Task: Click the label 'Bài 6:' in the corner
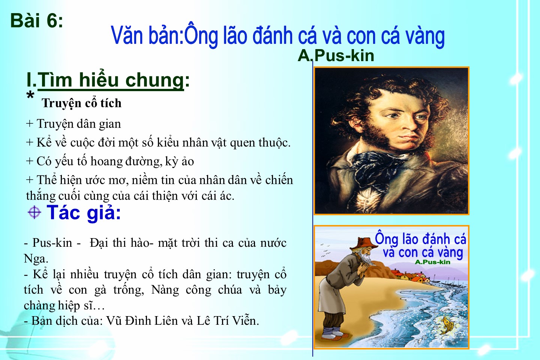point(37,21)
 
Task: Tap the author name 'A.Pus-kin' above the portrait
point(336,56)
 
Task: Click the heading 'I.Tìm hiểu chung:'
point(108,80)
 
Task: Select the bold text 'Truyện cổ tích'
point(81,103)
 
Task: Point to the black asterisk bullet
point(30,95)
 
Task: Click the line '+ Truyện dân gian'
point(73,124)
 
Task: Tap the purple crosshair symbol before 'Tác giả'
point(34,212)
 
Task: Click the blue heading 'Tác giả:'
point(84,213)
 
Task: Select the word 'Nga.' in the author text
point(36,259)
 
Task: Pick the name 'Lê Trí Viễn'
point(228,321)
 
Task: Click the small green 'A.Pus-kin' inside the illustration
point(432,262)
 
